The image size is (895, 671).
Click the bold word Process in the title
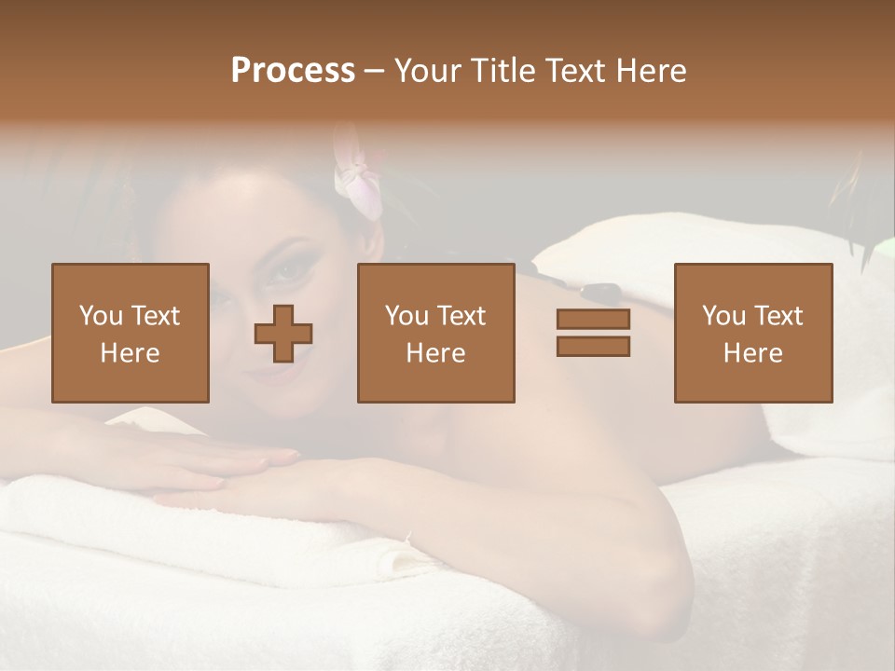coord(293,71)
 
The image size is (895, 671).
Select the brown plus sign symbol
coord(283,334)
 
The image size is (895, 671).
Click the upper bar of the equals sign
coord(593,319)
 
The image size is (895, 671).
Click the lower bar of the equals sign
coord(593,347)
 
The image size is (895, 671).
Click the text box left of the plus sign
coord(130,333)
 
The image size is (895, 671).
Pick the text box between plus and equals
coord(435,333)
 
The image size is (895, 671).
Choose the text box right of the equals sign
coord(752,333)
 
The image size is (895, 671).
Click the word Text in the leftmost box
coord(155,316)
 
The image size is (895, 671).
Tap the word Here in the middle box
coord(435,353)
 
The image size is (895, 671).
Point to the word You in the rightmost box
coord(723,316)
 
